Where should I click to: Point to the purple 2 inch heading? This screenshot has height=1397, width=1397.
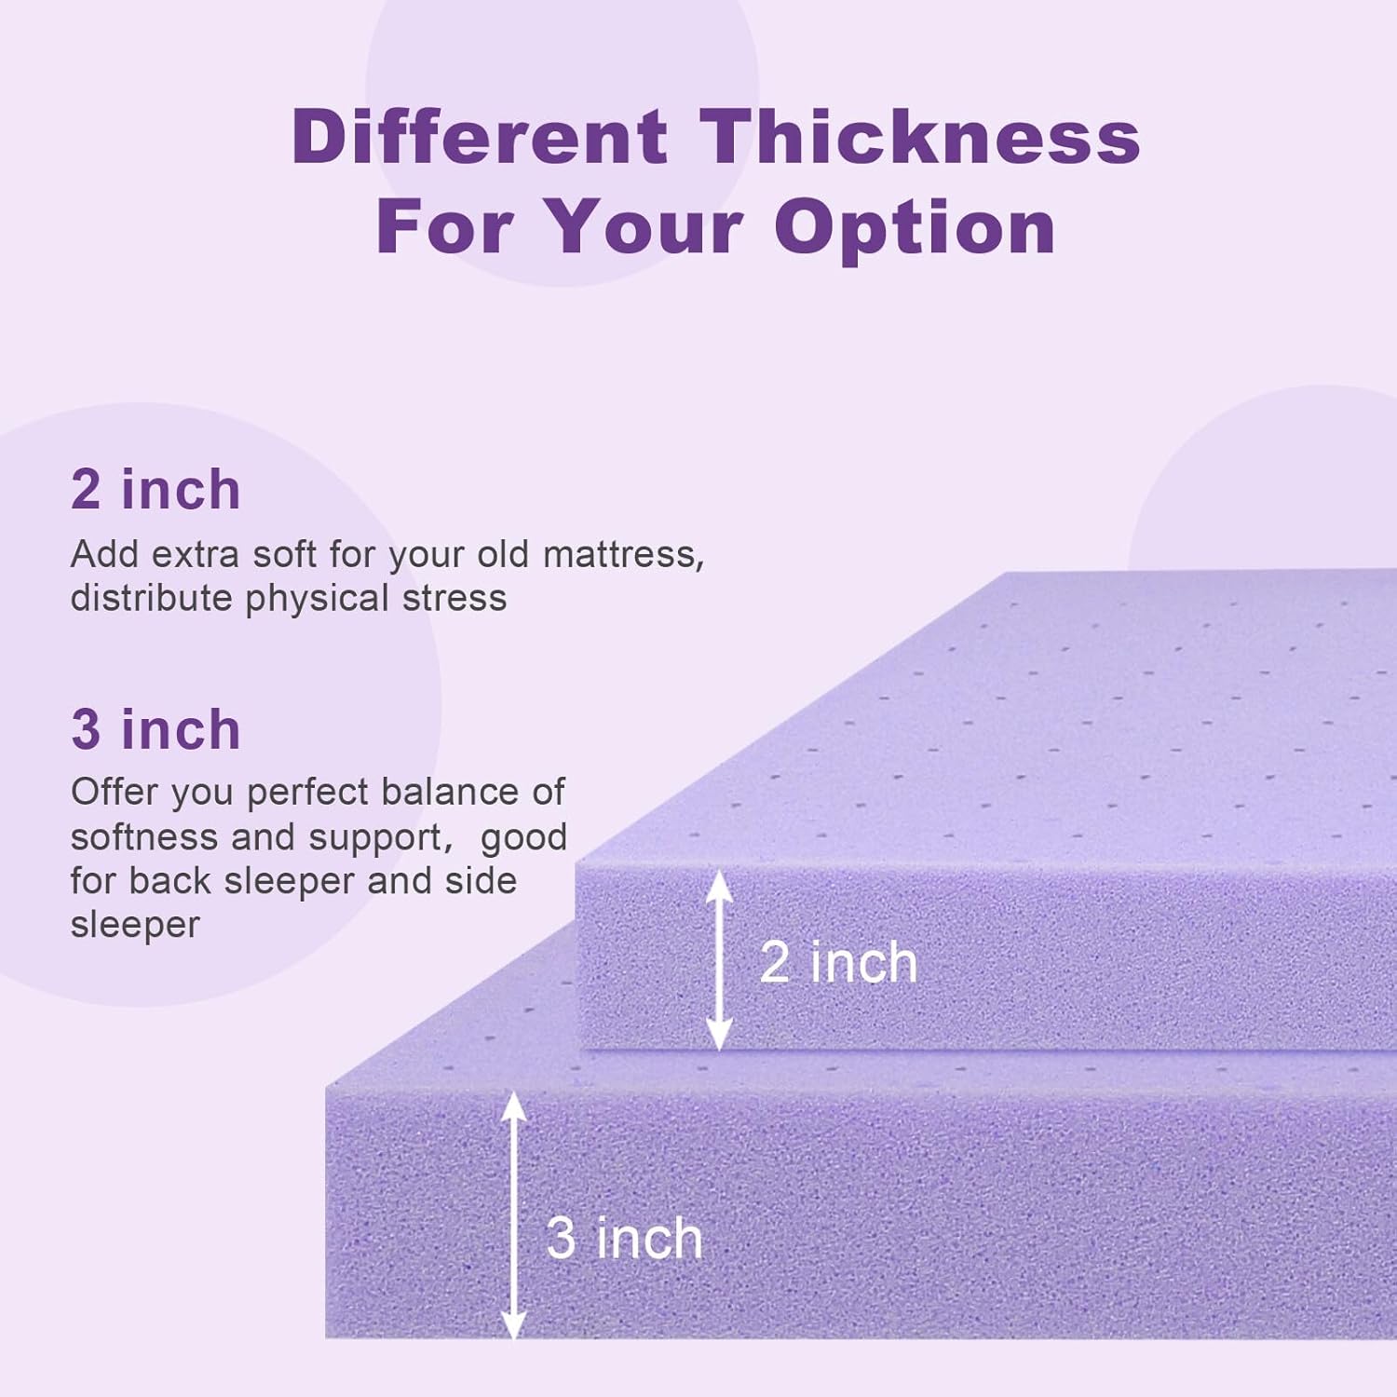tap(156, 490)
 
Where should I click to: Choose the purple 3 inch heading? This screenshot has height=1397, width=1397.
tap(156, 729)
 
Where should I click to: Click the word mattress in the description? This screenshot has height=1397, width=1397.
tap(622, 555)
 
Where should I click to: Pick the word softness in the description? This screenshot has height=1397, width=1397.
tap(144, 837)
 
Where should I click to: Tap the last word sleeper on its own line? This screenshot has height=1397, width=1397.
tap(135, 925)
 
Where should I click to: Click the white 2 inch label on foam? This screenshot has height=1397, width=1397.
tap(838, 962)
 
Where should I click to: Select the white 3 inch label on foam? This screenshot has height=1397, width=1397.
tap(624, 1239)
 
